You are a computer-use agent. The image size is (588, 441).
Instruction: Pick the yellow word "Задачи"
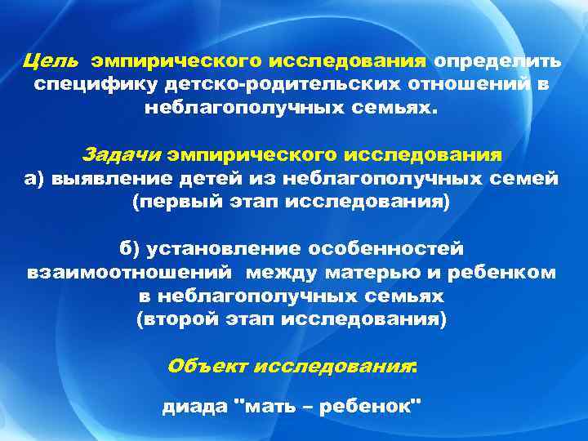135,154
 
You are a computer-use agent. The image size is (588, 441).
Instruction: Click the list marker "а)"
36,179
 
